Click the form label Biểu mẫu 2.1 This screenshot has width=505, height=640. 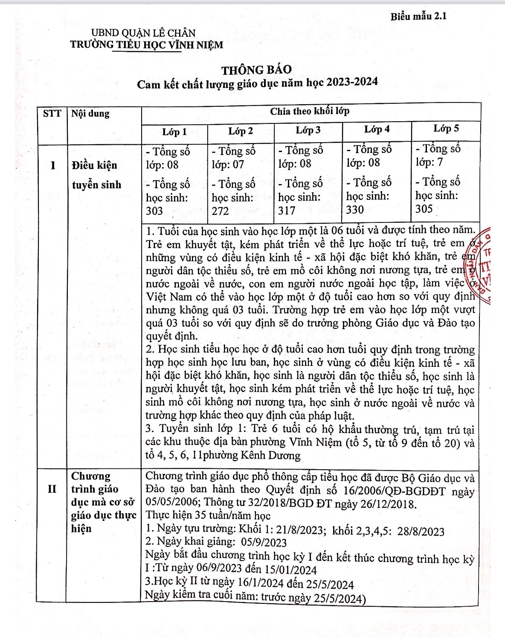click(418, 17)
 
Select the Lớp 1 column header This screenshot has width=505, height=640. click(174, 132)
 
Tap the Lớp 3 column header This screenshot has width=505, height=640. click(308, 130)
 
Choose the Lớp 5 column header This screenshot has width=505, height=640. click(446, 129)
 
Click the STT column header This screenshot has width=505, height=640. click(52, 114)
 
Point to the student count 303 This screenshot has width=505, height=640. click(154, 211)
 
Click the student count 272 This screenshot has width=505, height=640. click(220, 211)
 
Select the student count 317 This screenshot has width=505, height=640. click(287, 210)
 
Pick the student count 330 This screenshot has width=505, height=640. click(355, 210)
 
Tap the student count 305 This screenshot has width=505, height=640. click(424, 209)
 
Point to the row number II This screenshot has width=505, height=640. click(52, 489)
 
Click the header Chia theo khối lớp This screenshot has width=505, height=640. click(310, 111)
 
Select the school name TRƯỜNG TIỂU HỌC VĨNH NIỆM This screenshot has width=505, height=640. click(147, 44)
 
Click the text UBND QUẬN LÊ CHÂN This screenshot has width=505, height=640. click(143, 33)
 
